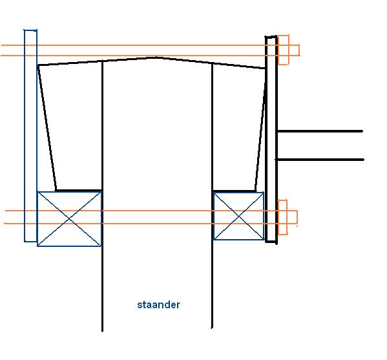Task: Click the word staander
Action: (158, 304)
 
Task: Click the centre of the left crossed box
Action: (69, 218)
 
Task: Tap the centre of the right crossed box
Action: (238, 216)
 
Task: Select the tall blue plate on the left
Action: (30, 136)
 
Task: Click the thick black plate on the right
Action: (271, 140)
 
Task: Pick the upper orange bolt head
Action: (284, 50)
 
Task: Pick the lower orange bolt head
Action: (282, 217)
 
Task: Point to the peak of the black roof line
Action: (156, 58)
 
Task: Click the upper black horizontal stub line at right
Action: (320, 131)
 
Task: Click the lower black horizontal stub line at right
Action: (320, 160)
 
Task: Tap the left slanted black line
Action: (47, 128)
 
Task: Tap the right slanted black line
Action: (260, 130)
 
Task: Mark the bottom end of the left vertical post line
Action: (103, 332)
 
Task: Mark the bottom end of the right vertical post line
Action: (212, 328)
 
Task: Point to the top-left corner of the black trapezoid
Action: (38, 65)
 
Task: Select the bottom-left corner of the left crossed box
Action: (37, 246)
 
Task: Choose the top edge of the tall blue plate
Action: (30, 30)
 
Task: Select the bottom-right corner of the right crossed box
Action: (264, 240)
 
